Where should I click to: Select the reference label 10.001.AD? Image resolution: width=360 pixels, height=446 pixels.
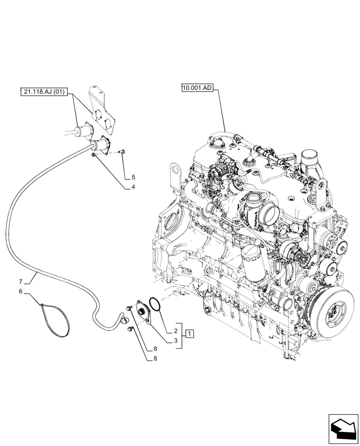coord(197,88)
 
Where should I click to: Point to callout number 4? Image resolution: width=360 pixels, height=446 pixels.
coord(132,187)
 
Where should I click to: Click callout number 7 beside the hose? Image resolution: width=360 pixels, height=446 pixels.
coord(20,281)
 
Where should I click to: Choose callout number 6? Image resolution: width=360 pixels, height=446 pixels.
coord(20,291)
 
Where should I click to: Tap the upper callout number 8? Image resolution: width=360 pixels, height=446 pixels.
coord(155,349)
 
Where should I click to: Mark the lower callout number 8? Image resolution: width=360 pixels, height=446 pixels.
coord(155,358)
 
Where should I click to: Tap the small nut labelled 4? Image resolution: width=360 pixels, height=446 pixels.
coord(92,155)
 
